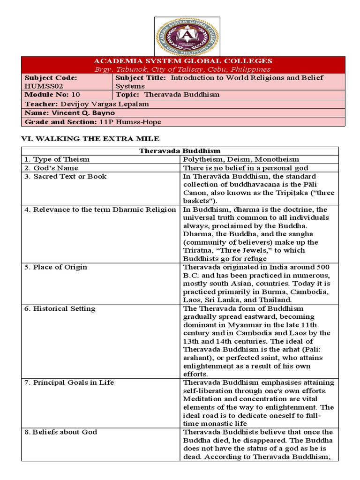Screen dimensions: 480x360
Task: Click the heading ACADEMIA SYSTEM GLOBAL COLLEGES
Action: (x=183, y=61)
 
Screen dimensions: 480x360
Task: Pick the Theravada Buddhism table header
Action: (x=180, y=151)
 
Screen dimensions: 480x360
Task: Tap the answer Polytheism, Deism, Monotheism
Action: (x=241, y=159)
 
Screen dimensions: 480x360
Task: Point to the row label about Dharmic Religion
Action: (x=100, y=210)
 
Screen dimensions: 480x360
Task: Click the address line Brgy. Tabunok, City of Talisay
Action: (x=183, y=69)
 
